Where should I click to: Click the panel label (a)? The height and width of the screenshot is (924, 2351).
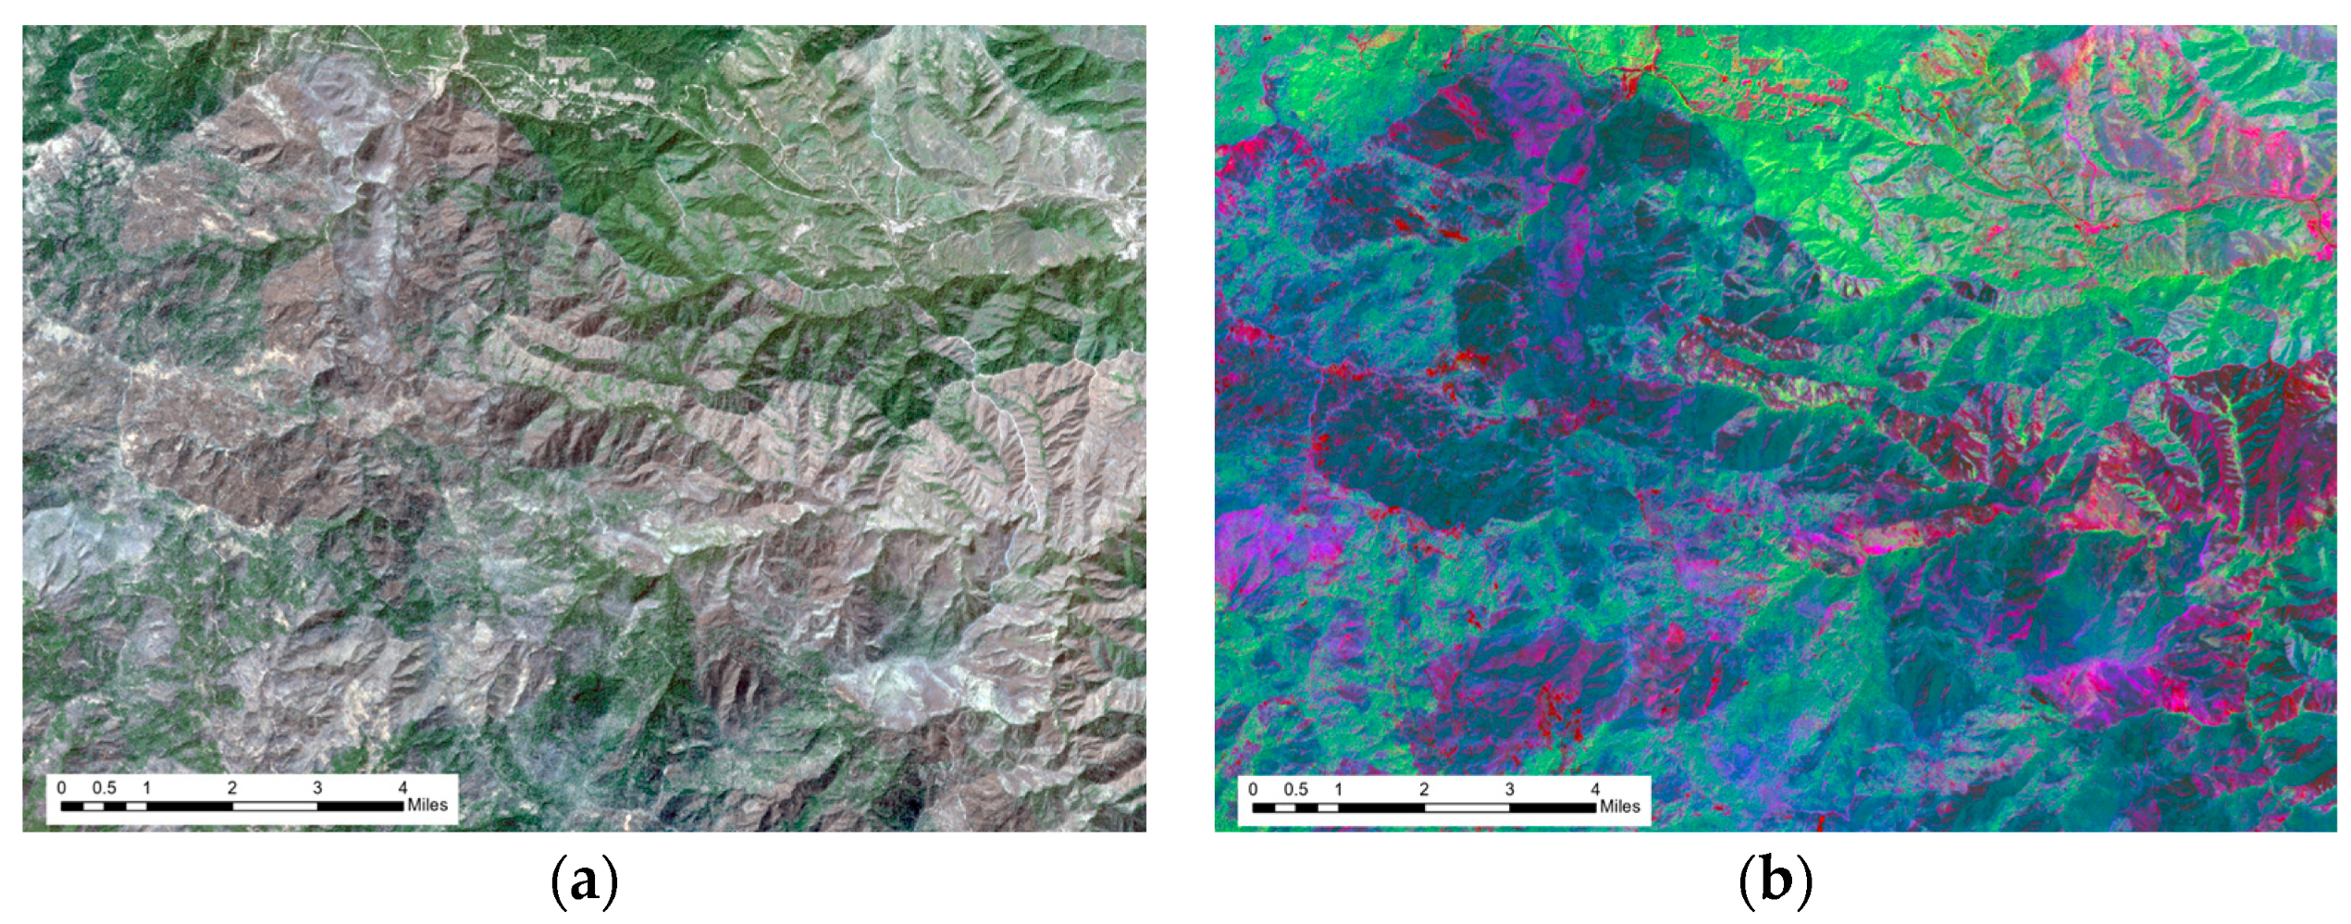pos(584,883)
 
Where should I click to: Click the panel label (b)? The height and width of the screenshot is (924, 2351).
pos(1775,883)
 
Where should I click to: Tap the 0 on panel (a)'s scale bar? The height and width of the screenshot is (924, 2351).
pos(62,788)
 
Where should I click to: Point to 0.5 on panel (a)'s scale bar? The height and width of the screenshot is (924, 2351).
pos(105,788)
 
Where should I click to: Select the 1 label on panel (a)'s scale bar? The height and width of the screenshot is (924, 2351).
pos(146,788)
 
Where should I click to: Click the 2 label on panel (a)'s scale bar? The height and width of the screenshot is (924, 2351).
pos(232,788)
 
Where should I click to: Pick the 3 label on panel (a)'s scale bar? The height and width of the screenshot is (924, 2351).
pos(317,788)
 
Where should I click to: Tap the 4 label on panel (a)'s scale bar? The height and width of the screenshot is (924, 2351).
pos(402,788)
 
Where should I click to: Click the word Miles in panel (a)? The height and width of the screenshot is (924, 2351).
pos(427,806)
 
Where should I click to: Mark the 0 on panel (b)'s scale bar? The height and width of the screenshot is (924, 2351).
pos(1254,789)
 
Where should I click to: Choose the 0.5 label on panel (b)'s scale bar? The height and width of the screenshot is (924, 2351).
pos(1296,789)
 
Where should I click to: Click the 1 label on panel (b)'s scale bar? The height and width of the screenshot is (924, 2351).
pos(1338,789)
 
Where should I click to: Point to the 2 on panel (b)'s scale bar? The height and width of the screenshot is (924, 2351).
pos(1424,789)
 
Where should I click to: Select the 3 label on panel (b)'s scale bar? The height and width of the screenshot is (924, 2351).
pos(1510,789)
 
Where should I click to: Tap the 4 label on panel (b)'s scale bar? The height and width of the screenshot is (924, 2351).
pos(1595,789)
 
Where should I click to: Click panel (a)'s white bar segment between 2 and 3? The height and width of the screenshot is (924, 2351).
pos(275,807)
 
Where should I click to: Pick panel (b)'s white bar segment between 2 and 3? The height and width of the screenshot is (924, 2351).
pos(1466,807)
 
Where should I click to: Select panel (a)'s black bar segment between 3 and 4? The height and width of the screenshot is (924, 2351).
pos(360,807)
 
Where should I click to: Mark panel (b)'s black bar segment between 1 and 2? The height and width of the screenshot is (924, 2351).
pos(1380,807)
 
